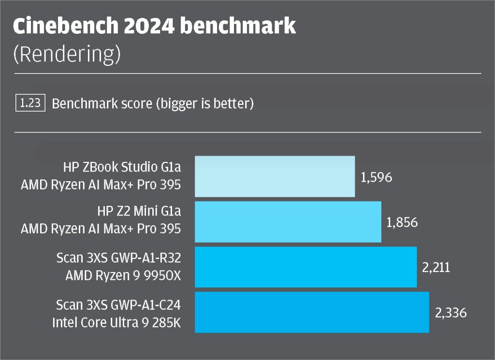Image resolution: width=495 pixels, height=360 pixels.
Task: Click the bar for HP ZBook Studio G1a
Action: coord(275,176)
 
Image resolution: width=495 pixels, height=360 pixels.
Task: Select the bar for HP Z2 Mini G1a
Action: coord(288,222)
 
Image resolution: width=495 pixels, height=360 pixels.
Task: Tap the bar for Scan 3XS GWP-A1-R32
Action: coord(306,267)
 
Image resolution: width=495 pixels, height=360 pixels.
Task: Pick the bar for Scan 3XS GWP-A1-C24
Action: coord(312,312)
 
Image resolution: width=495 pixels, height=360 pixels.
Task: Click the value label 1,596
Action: coord(376,177)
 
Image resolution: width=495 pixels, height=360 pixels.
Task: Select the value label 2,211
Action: coord(436,267)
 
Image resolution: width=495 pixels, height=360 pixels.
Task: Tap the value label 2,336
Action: coord(451,313)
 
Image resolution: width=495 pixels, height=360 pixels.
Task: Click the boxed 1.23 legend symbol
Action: coord(30,103)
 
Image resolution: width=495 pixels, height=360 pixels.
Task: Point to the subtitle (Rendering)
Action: coord(67,55)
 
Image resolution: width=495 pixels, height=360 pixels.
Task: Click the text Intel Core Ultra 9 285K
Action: coord(116,322)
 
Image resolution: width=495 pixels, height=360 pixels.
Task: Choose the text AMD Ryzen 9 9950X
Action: coord(123,277)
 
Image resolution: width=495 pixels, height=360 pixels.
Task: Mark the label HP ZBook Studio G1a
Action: coord(122,167)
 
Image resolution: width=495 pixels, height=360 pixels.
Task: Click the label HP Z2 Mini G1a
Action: coord(139,213)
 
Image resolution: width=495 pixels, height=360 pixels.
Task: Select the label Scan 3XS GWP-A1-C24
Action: coord(118,305)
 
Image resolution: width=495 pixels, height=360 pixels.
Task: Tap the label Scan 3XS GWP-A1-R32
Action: coord(118,259)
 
